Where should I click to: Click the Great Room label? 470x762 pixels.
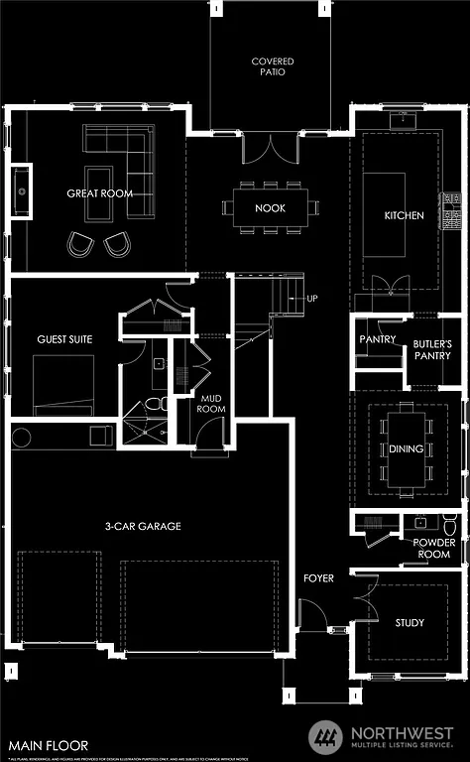[99, 193]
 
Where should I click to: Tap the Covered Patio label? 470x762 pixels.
[272, 67]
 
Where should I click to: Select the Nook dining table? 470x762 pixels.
[271, 207]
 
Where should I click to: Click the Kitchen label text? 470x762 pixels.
[404, 215]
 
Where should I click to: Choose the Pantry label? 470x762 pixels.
[378, 339]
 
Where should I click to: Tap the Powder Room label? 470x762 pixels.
[434, 549]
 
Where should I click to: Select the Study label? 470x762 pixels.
[410, 623]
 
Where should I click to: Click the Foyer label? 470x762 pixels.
[319, 577]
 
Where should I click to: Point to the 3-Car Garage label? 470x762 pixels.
[144, 526]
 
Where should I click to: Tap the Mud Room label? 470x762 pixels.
[212, 403]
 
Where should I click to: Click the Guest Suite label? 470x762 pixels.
[64, 339]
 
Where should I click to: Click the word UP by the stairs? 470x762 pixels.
[312, 299]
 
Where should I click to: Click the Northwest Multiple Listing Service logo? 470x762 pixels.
[382, 735]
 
